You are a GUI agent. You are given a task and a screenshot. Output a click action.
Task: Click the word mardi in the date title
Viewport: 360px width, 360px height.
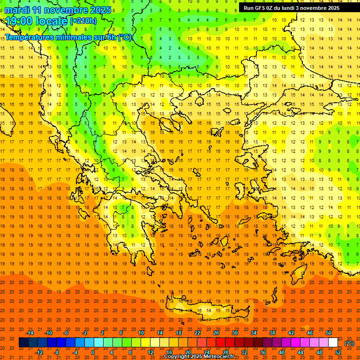(16, 10)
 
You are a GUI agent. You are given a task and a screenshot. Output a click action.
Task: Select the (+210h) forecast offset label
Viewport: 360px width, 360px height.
(83, 21)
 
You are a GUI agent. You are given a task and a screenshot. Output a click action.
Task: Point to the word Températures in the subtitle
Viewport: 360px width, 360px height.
(29, 37)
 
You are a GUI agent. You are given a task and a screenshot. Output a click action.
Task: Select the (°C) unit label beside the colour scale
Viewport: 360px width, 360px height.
(349, 343)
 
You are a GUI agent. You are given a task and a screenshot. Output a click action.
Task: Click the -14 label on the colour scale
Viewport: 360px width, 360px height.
(30, 333)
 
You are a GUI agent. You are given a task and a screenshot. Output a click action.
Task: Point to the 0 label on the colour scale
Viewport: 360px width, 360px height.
(92, 352)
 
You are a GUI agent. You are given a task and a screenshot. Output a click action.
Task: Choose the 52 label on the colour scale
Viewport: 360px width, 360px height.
(338, 352)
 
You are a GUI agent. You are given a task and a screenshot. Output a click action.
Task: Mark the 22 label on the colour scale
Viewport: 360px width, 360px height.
(197, 333)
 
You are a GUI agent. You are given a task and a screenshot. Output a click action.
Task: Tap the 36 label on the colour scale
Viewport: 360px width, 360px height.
(263, 352)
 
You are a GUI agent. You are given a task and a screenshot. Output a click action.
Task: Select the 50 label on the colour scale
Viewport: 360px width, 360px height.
(329, 333)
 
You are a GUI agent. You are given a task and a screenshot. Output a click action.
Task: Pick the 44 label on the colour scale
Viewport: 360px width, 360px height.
(300, 352)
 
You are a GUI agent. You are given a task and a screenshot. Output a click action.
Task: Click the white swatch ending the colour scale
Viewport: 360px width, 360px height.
(333, 343)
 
